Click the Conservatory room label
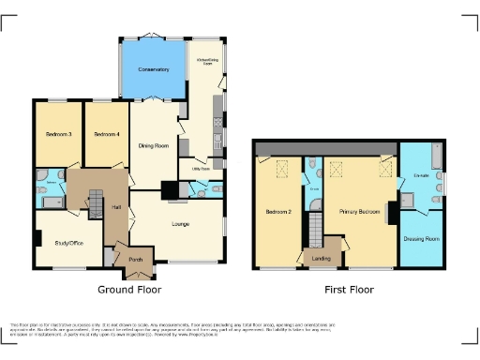pos(153,70)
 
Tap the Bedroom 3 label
pos(59,135)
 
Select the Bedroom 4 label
pos(105,135)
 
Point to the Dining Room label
pos(154,145)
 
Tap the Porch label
pos(135,259)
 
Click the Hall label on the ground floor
pos(116,207)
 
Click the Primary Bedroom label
pos(359,213)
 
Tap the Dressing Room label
pos(420,239)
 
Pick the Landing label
pos(321,258)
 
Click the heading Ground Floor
pos(128,291)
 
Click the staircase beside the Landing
pos(317,227)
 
